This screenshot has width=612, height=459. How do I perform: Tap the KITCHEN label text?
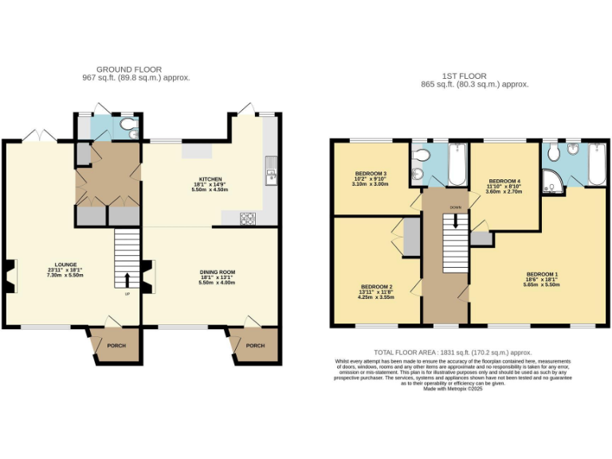tap(210, 179)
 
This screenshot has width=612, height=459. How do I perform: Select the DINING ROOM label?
tap(217, 273)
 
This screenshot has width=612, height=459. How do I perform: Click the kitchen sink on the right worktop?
tap(272, 175)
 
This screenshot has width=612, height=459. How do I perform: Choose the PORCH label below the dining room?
tap(255, 345)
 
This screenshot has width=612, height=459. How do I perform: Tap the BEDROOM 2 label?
tap(377, 286)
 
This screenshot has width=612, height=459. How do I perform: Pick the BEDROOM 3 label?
tap(371, 174)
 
